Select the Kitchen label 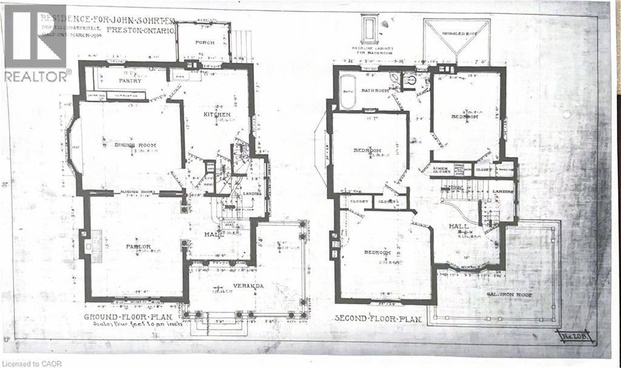coord(217,115)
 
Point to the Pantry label coord(130,81)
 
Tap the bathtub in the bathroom coord(347,93)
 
